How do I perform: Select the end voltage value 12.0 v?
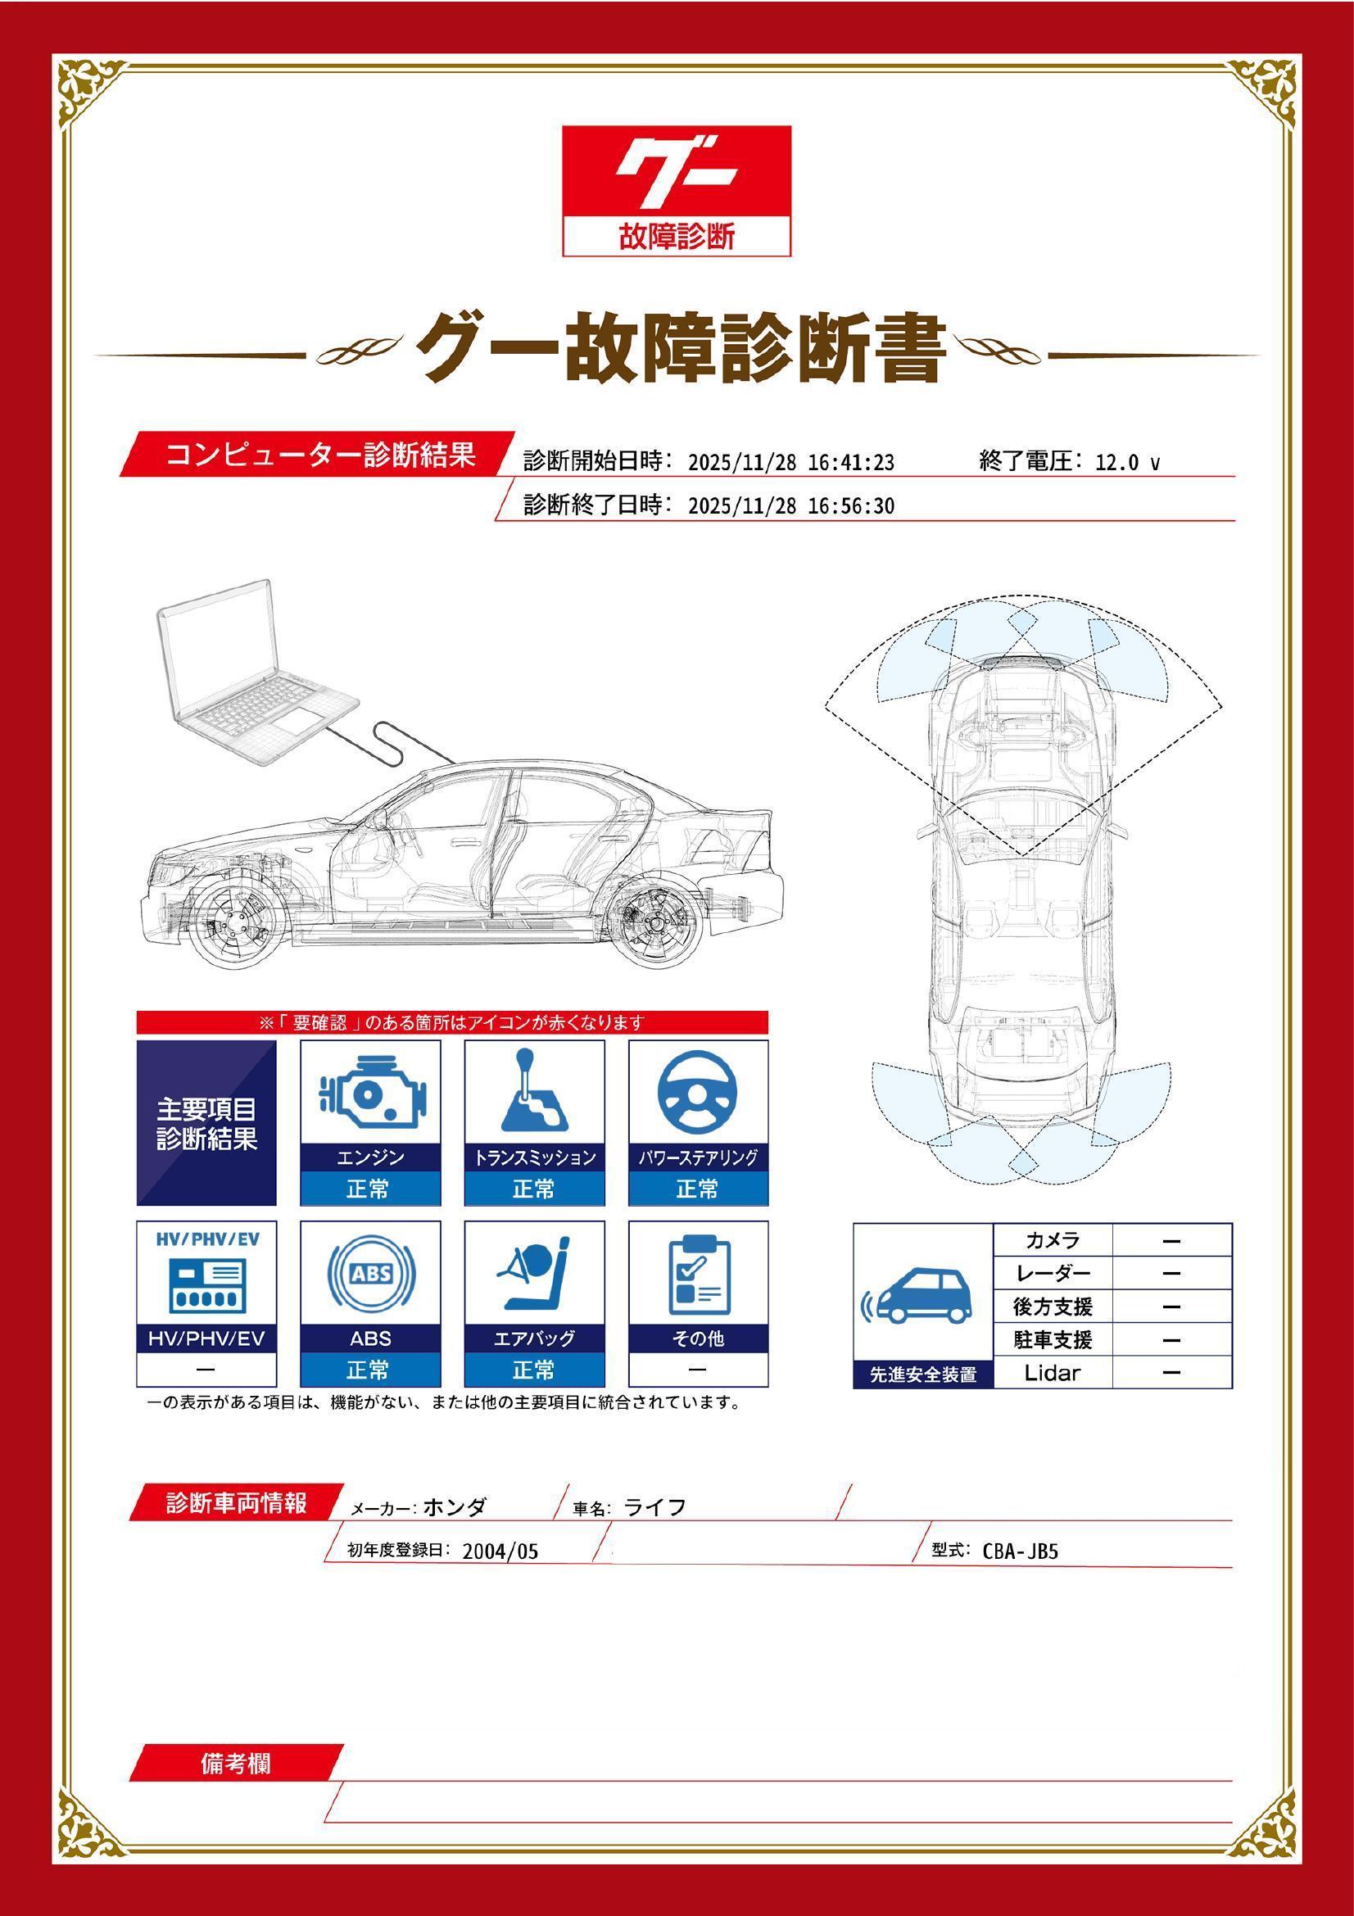tap(1126, 462)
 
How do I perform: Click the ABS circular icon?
tap(370, 1275)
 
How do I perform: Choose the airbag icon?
tap(533, 1275)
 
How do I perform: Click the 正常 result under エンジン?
tap(369, 1189)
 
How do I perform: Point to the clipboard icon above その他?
tap(697, 1275)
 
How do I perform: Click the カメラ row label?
tap(1052, 1240)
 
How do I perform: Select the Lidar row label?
tap(1052, 1373)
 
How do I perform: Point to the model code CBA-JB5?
tap(1020, 1551)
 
